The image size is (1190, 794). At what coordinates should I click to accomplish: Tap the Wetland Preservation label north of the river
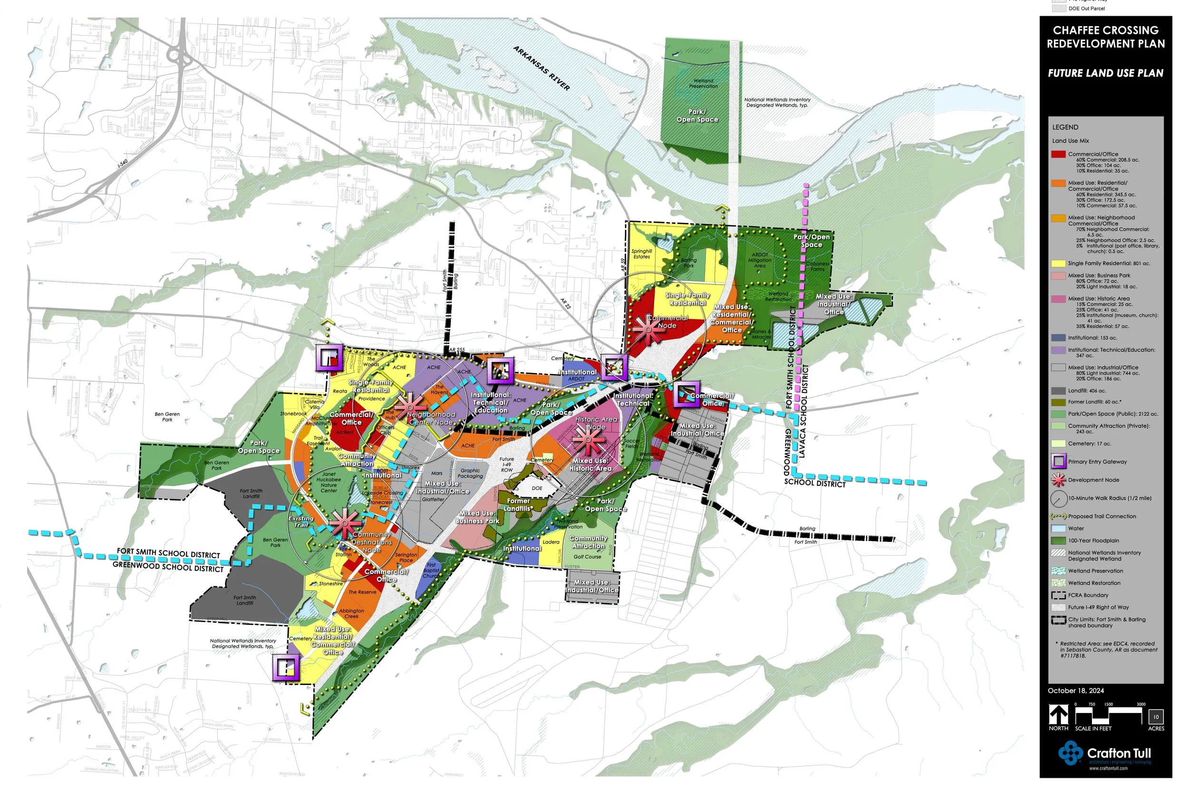click(x=703, y=83)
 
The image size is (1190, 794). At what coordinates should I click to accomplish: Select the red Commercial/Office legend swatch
click(x=1059, y=154)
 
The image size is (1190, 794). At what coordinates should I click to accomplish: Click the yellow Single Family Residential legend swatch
click(x=1059, y=263)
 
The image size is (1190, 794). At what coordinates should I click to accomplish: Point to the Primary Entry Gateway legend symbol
click(x=1059, y=462)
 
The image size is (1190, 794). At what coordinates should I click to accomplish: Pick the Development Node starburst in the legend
click(x=1059, y=480)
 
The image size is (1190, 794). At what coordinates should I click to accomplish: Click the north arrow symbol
click(x=1059, y=714)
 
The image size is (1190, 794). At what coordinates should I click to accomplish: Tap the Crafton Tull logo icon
click(x=1070, y=753)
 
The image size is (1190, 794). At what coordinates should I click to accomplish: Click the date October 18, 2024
click(x=1076, y=691)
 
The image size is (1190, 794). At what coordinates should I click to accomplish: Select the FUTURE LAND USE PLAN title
click(x=1105, y=73)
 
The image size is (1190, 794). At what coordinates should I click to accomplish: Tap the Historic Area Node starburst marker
click(x=588, y=439)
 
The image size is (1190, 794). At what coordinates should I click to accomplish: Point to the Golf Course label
click(x=587, y=557)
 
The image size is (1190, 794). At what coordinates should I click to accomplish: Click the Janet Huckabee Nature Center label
click(x=329, y=482)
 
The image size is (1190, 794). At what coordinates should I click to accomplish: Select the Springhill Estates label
click(x=642, y=254)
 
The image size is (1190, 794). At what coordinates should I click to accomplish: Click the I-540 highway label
click(x=123, y=163)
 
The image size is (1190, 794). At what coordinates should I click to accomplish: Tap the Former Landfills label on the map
click(x=518, y=504)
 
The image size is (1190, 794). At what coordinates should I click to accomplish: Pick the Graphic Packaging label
click(x=470, y=473)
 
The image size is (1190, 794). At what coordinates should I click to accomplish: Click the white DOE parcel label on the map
click(x=537, y=488)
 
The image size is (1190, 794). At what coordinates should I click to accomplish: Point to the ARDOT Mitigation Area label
click(x=760, y=260)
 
